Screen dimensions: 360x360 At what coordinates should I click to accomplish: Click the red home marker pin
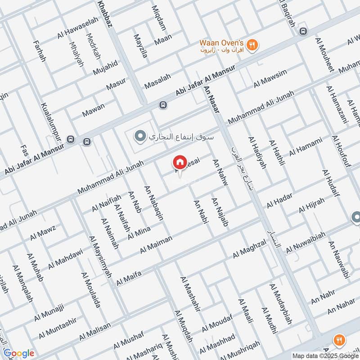click(180, 162)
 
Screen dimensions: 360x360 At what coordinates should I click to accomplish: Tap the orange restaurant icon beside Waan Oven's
click(253, 45)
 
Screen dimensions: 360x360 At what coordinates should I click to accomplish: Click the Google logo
click(18, 353)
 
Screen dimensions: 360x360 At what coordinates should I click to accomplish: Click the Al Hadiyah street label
click(257, 153)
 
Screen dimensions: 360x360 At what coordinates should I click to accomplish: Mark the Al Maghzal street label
click(250, 249)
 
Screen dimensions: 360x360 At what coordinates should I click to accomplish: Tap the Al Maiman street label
click(156, 245)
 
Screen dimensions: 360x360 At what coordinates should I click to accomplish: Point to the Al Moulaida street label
click(91, 290)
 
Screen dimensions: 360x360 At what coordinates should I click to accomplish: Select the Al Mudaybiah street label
click(280, 304)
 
